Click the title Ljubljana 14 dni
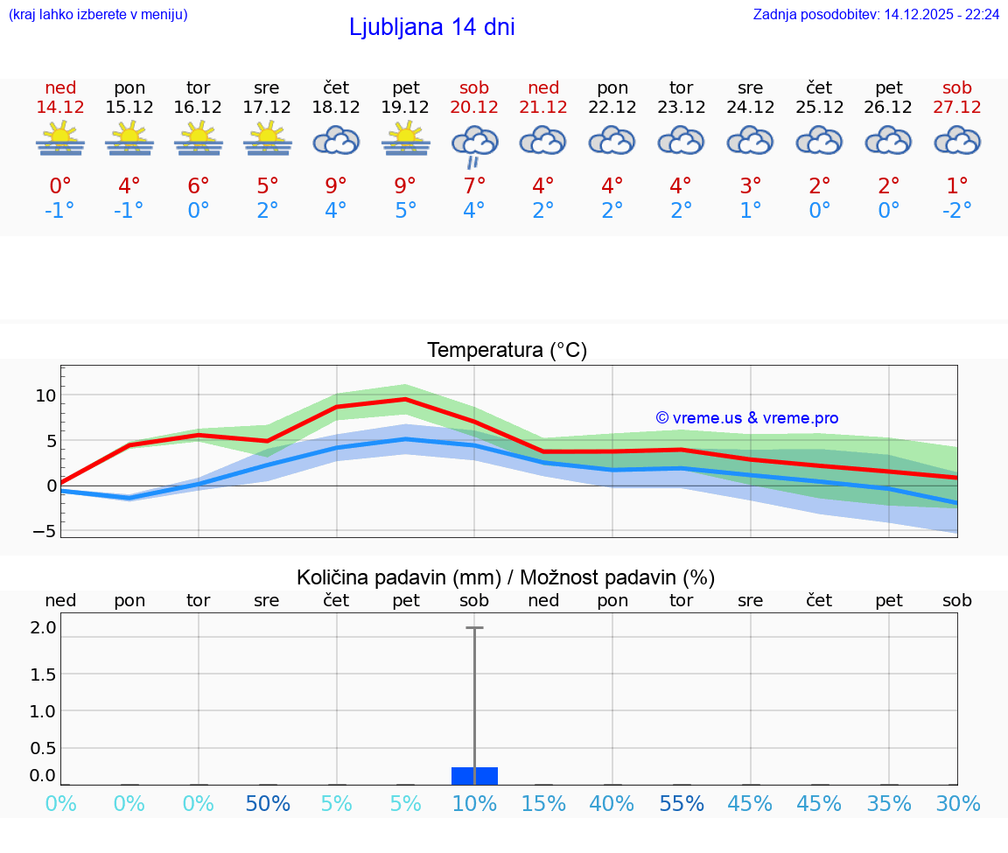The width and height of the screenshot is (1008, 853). tap(431, 27)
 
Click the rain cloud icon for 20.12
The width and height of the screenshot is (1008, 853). tap(474, 144)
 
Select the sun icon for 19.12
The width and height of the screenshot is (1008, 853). tap(405, 140)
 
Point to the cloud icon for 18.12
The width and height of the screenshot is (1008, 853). tap(336, 140)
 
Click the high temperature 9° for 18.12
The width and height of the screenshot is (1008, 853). tap(336, 186)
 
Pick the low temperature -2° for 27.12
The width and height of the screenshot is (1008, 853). tap(957, 211)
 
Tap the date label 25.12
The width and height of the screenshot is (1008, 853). tap(819, 107)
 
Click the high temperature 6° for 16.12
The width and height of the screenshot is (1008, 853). tap(199, 186)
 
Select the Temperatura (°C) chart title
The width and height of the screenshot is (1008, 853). tap(507, 351)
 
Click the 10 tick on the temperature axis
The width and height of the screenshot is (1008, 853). tap(45, 395)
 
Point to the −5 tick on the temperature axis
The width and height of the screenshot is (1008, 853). tap(45, 531)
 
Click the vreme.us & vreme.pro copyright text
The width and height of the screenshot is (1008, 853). tap(746, 418)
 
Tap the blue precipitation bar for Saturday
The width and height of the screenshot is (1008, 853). tap(474, 776)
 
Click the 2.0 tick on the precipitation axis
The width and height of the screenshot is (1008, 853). tap(44, 627)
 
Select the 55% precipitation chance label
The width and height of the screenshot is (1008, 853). tap(682, 804)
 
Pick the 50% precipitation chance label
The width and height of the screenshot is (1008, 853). tap(268, 804)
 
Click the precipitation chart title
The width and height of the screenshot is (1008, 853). tap(506, 577)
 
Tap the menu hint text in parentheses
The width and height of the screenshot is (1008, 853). tap(97, 15)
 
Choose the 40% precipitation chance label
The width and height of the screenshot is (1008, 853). tap(612, 804)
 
